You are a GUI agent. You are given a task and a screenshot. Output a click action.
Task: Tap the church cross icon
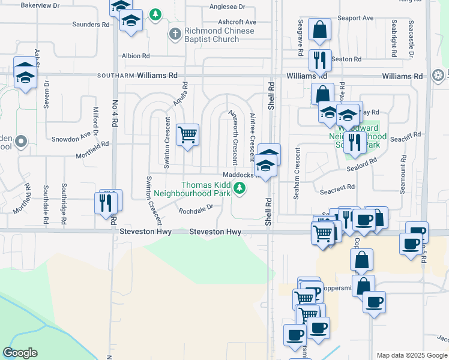pos(175,34)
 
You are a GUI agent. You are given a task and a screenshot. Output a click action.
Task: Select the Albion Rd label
pos(135,56)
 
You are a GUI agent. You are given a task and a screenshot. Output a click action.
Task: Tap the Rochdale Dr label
pos(196,210)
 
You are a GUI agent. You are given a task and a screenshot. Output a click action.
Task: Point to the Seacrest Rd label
pos(337,187)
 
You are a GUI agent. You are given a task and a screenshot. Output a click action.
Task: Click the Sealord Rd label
pos(364,161)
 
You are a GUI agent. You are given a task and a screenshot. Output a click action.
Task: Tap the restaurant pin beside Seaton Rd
pos(319,59)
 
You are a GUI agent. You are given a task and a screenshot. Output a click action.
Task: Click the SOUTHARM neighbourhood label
pos(114,76)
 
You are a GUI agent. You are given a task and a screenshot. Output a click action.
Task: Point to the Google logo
pos(20,353)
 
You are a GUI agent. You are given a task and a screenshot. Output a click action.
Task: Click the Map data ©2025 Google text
pos(411,355)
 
